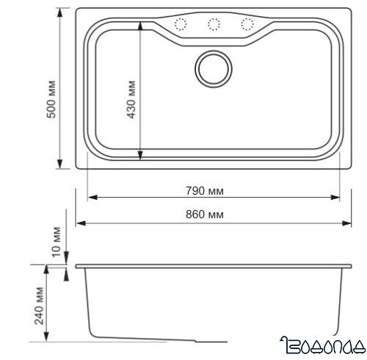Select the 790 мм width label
208,191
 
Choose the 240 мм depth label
38,312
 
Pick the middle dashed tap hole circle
213,24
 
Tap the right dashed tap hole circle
245,24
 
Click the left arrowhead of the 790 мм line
92,198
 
